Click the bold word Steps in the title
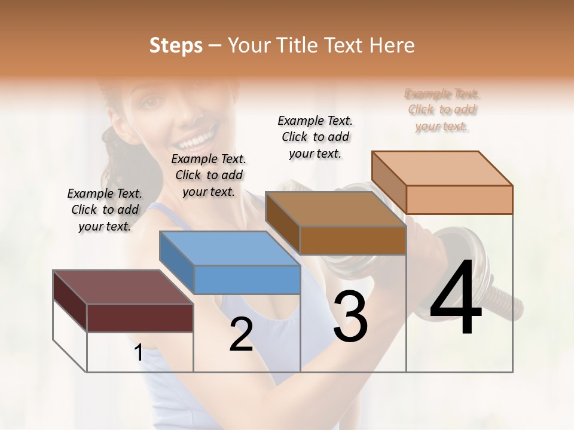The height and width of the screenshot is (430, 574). [176, 45]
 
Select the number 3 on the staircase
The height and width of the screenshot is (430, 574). [350, 317]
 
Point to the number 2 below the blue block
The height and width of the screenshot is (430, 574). [241, 335]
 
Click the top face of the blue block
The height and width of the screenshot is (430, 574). [230, 248]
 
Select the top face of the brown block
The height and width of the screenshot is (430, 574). [335, 209]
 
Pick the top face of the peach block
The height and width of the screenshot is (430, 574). [442, 168]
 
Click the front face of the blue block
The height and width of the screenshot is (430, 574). [247, 279]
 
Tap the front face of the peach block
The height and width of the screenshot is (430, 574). [459, 199]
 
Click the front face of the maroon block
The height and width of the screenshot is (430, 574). [140, 318]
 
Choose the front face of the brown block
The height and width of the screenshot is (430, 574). [353, 241]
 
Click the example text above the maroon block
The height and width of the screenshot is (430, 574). [105, 210]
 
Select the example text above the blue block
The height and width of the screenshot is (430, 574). [209, 175]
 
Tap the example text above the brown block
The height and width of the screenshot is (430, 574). [315, 137]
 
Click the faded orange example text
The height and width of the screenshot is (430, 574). [442, 110]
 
